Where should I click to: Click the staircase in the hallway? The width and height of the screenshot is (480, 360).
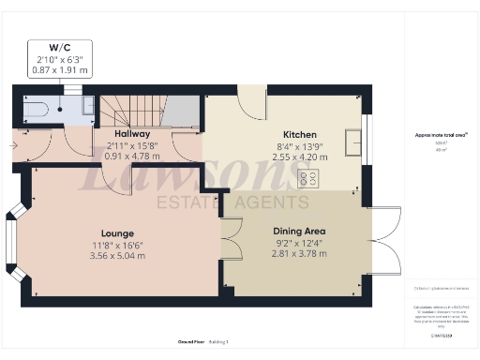tap(131, 113)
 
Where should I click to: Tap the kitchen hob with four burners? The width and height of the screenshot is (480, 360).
tap(307, 178)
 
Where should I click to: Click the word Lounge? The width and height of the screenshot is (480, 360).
tap(118, 232)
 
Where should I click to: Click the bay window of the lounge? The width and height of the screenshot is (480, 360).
tap(12, 246)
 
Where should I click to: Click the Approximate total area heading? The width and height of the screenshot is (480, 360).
tap(441, 135)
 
